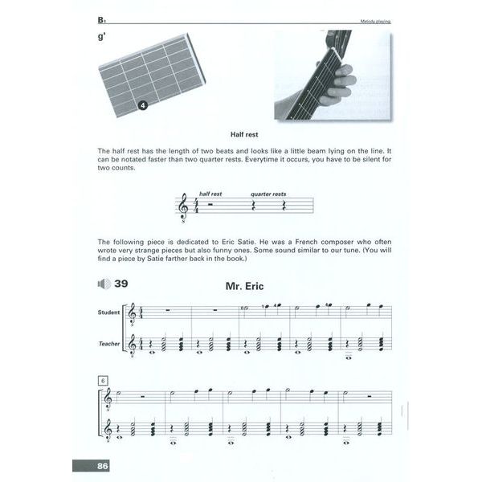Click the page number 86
[101, 466]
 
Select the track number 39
[121, 283]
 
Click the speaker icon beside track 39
[103, 284]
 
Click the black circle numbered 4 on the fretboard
[141, 105]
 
